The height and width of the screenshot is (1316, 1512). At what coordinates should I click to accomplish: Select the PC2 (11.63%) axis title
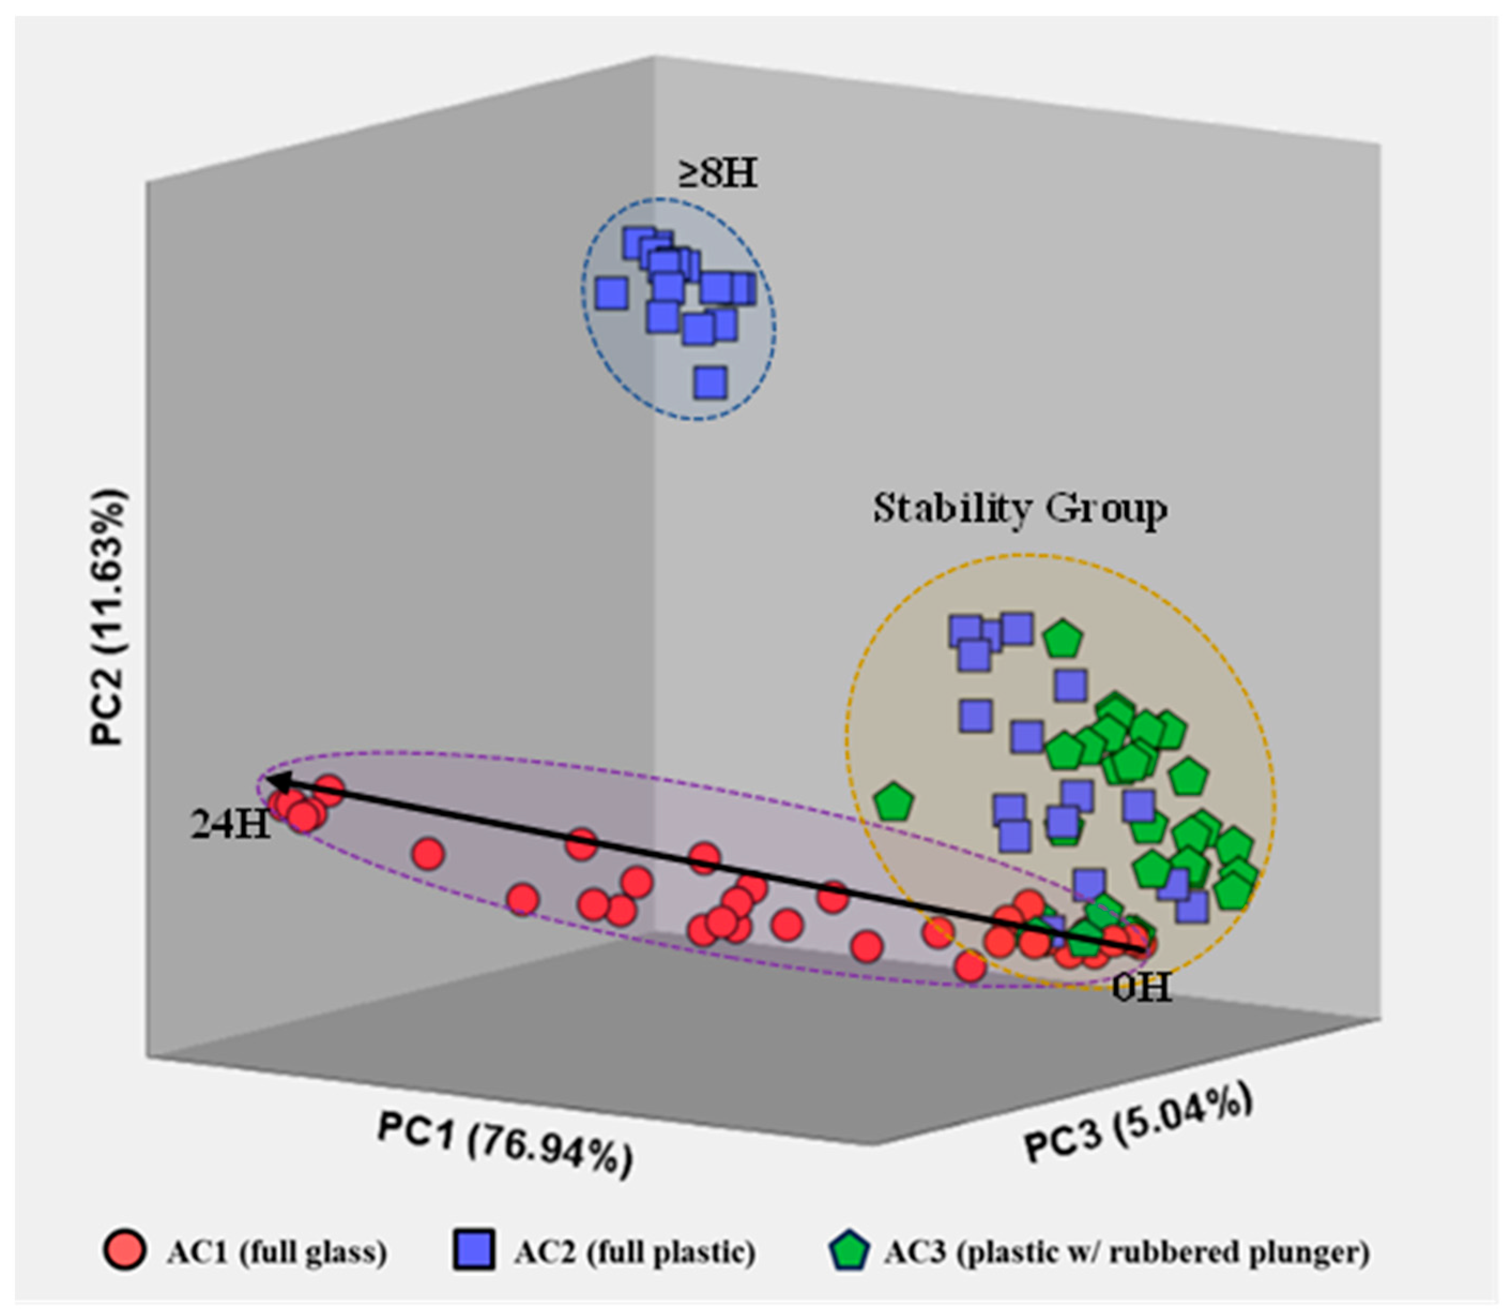pyautogui.click(x=109, y=617)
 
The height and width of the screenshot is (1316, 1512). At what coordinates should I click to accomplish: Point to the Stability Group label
pyautogui.click(x=1019, y=508)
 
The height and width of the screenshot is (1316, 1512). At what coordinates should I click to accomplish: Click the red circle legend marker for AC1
pyautogui.click(x=125, y=1250)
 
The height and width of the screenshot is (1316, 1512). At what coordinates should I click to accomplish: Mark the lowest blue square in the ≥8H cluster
pyautogui.click(x=711, y=383)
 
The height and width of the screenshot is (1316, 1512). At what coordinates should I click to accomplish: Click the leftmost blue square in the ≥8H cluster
pyautogui.click(x=612, y=293)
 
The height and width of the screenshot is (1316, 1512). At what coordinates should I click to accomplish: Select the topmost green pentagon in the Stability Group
pyautogui.click(x=1062, y=640)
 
